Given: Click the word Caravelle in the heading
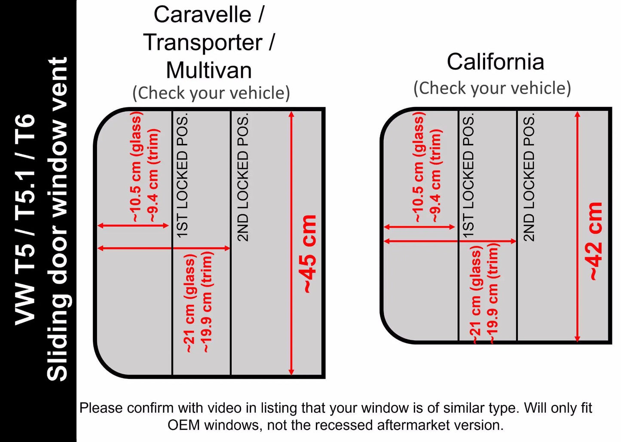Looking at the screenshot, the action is tap(203, 15).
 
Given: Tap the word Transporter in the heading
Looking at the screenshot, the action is tap(203, 43).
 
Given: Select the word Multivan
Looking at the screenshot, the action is tap(209, 70).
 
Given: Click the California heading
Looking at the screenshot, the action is tap(496, 62).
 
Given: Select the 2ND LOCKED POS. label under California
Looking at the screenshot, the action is tap(529, 177).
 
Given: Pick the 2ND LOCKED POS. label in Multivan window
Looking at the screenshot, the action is tap(243, 177).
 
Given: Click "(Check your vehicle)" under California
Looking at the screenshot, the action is tap(493, 88).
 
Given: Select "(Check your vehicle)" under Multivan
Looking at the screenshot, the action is tap(211, 93).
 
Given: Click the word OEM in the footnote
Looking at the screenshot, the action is tap(184, 425).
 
